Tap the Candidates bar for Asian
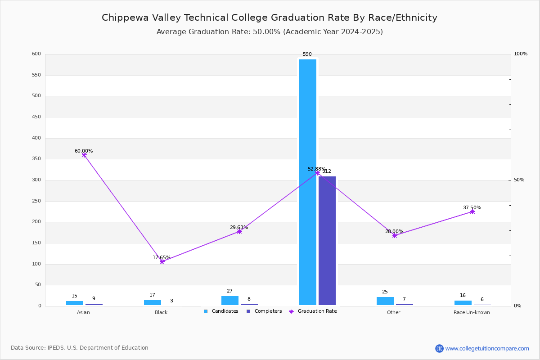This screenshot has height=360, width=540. pos(75,303)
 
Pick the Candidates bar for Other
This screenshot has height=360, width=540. pos(385,301)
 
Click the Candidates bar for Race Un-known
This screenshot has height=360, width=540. pos(463,303)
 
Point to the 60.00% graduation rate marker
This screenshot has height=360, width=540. pos(84,155)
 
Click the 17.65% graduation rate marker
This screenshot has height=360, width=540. pos(162,261)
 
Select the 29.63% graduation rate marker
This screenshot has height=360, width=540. pos(239,231)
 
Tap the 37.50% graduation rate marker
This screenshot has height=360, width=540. pos(472,211)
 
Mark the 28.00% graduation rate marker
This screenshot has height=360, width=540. pos(395,235)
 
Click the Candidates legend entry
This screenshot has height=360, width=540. pos(221,311)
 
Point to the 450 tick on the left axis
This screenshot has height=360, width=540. pos(36,117)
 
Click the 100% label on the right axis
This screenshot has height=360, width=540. pos(521,54)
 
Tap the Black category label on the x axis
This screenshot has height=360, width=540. pos(161,313)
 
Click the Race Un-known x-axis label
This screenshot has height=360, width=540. pos(472,313)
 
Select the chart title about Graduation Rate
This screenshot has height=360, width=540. pos(270,18)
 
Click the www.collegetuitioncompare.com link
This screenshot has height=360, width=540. pos(487,348)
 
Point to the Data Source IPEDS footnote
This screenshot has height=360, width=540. pos(80,348)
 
